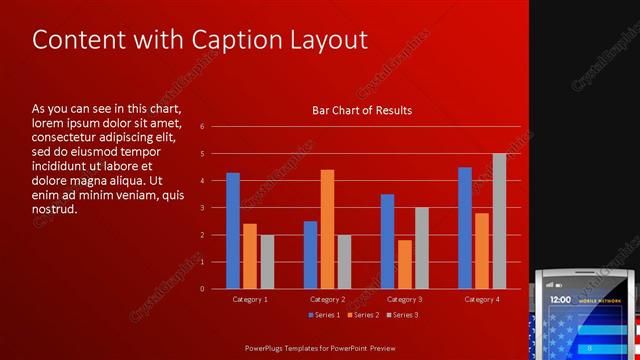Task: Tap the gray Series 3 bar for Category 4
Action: tap(499, 221)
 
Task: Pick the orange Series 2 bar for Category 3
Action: tap(404, 264)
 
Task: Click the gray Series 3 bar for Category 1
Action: tap(267, 262)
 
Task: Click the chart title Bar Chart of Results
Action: tap(356, 111)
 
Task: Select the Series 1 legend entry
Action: tap(323, 315)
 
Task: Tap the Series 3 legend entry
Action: tap(401, 315)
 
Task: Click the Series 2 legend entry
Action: tap(362, 315)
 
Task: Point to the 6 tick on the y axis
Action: tap(202, 127)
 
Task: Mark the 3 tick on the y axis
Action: tap(202, 208)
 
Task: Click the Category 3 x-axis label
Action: tap(404, 299)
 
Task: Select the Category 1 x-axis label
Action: tap(250, 299)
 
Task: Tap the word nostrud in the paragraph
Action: tap(54, 209)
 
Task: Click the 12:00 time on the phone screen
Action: tap(561, 299)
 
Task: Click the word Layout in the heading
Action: tap(326, 41)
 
